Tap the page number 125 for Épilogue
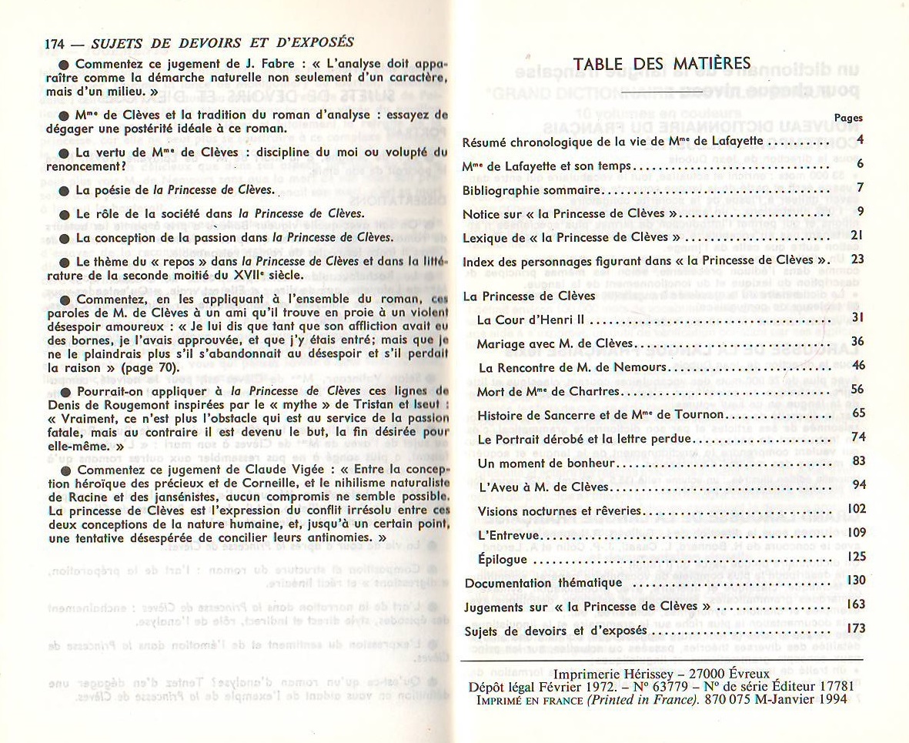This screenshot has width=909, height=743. (855, 555)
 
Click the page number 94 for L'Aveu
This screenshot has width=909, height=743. (858, 484)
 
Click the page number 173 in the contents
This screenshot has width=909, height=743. (855, 629)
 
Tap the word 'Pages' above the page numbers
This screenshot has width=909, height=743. (848, 118)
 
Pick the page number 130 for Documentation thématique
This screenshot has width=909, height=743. (855, 580)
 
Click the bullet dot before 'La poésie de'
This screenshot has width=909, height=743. (65, 190)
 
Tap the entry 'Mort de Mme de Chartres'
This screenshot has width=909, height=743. (548, 391)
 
